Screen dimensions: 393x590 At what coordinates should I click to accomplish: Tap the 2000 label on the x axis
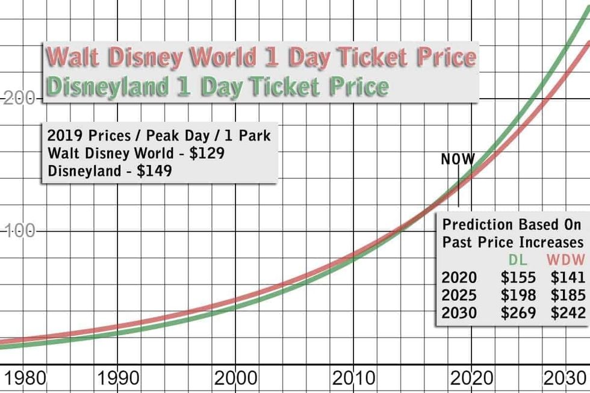[x=235, y=379]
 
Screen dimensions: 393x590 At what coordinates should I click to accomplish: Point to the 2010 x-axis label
[x=353, y=379]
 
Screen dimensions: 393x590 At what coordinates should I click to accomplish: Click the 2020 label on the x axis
[x=470, y=379]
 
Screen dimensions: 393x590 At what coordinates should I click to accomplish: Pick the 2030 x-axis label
[x=566, y=379]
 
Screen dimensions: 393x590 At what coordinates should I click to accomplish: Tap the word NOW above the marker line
[x=458, y=159]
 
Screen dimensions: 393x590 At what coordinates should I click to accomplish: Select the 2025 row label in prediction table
[x=459, y=295]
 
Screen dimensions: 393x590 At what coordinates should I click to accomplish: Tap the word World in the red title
[x=217, y=58]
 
